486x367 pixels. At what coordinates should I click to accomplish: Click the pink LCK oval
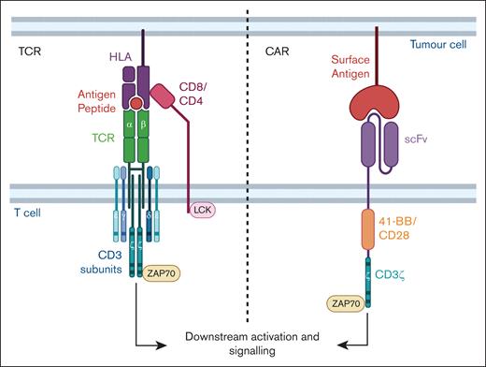(x=203, y=213)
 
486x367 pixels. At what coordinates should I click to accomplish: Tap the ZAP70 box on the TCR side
(x=166, y=275)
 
